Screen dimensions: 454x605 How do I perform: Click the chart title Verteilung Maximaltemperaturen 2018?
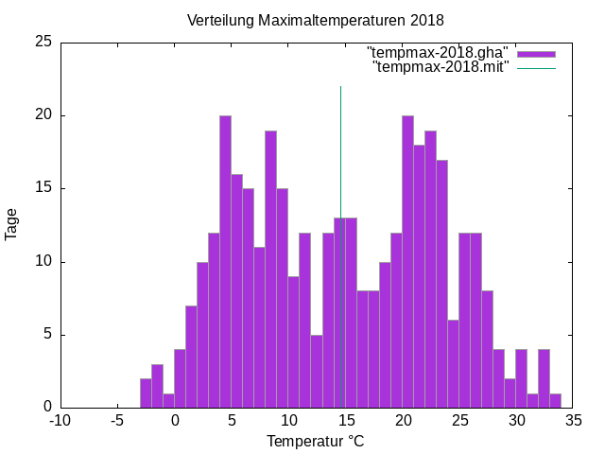pyautogui.click(x=315, y=20)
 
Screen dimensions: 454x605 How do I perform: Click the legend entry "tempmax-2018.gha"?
pyautogui.click(x=438, y=51)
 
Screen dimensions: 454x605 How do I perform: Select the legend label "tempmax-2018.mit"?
pyautogui.click(x=441, y=66)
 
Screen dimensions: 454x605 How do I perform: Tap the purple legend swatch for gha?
pyautogui.click(x=536, y=52)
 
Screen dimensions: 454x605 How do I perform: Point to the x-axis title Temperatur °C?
pyautogui.click(x=315, y=441)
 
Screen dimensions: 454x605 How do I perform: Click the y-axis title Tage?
pyautogui.click(x=11, y=224)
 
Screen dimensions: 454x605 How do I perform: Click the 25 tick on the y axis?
pyautogui.click(x=43, y=43)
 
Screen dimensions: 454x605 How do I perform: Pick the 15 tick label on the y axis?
pyautogui.click(x=43, y=188)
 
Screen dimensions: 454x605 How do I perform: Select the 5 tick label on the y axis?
pyautogui.click(x=47, y=334)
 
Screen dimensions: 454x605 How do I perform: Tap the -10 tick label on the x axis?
pyautogui.click(x=60, y=420)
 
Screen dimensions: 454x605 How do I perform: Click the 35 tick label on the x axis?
pyautogui.click(x=573, y=420)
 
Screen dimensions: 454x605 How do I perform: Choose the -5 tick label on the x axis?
pyautogui.click(x=117, y=420)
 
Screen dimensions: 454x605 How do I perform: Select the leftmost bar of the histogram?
pyautogui.click(x=146, y=393)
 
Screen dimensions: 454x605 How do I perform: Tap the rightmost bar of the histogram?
pyautogui.click(x=555, y=400)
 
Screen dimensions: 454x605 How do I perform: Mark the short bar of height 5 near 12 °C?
pyautogui.click(x=317, y=371)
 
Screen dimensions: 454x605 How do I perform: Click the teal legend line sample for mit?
pyautogui.click(x=536, y=67)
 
